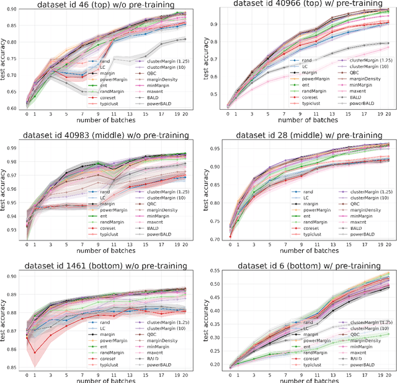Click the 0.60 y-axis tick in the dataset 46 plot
coord(13,107)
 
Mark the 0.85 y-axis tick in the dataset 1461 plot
coord(13,368)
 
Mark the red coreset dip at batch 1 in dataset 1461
coord(35,352)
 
